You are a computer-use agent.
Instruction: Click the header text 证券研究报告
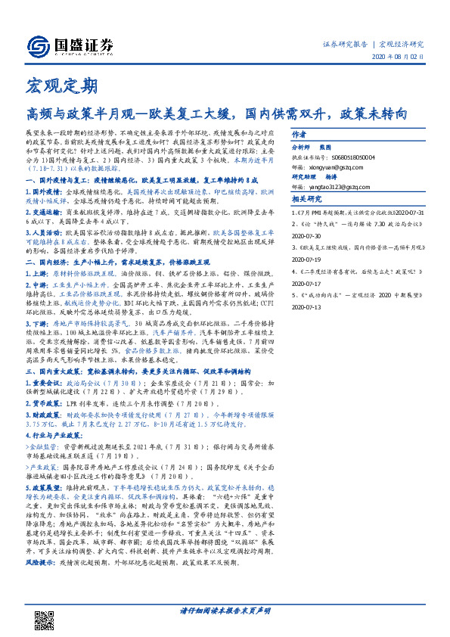pos(346,43)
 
